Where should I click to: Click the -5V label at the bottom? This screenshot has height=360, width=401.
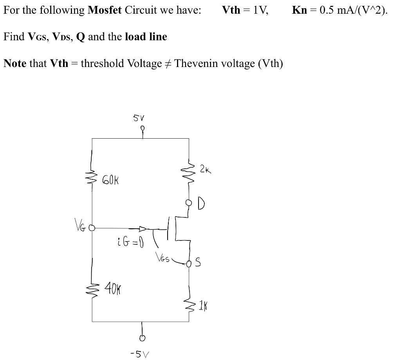(141, 354)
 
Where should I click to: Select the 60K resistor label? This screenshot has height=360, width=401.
(110, 181)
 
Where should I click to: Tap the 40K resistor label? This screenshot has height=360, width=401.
(113, 291)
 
